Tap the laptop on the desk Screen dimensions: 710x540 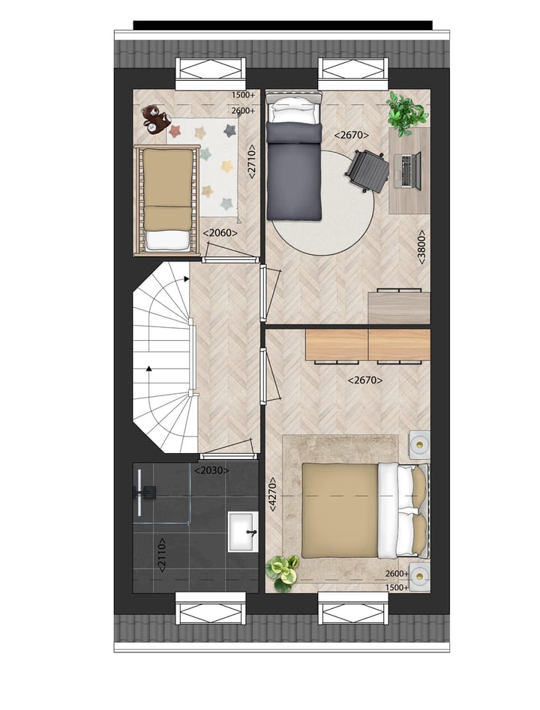pyautogui.click(x=407, y=170)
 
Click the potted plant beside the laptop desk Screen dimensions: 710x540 pyautogui.click(x=406, y=112)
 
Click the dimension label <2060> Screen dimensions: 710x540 pyautogui.click(x=220, y=233)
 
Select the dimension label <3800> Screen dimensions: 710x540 pyautogui.click(x=422, y=246)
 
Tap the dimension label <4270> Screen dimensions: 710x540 pyautogui.click(x=272, y=494)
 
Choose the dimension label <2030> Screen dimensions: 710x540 pyautogui.click(x=211, y=470)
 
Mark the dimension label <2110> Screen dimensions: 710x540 pyautogui.click(x=162, y=555)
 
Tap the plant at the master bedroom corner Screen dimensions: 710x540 pyautogui.click(x=283, y=573)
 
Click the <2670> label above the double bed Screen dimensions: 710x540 pyautogui.click(x=365, y=380)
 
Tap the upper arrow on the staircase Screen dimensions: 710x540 pyautogui.click(x=185, y=279)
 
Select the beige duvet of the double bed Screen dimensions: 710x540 pyautogui.click(x=340, y=510)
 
